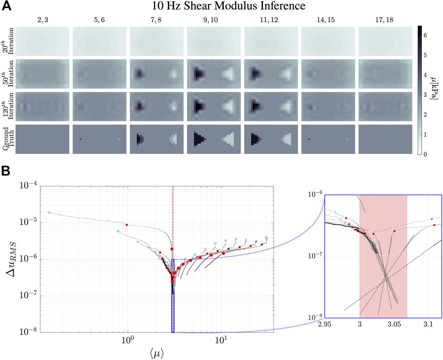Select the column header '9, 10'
tap(210, 20)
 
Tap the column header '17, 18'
tap(384, 20)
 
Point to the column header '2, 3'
tap(42, 20)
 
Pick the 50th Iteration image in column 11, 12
tap(271, 74)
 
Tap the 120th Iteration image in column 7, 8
tap(157, 106)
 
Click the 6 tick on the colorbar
tap(425, 35)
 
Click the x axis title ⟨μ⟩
tap(156, 353)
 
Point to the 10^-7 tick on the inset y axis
tap(315, 256)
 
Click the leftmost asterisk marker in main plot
tap(49, 213)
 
